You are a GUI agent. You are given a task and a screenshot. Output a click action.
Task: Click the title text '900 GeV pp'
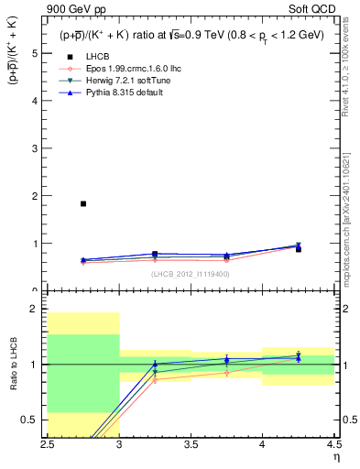(x=74, y=10)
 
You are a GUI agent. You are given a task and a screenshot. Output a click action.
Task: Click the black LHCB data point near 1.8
(x=83, y=203)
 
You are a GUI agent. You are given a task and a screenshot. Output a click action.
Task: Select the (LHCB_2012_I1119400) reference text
(x=191, y=274)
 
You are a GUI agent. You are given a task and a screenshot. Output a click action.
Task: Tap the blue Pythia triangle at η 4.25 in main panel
(x=298, y=245)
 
